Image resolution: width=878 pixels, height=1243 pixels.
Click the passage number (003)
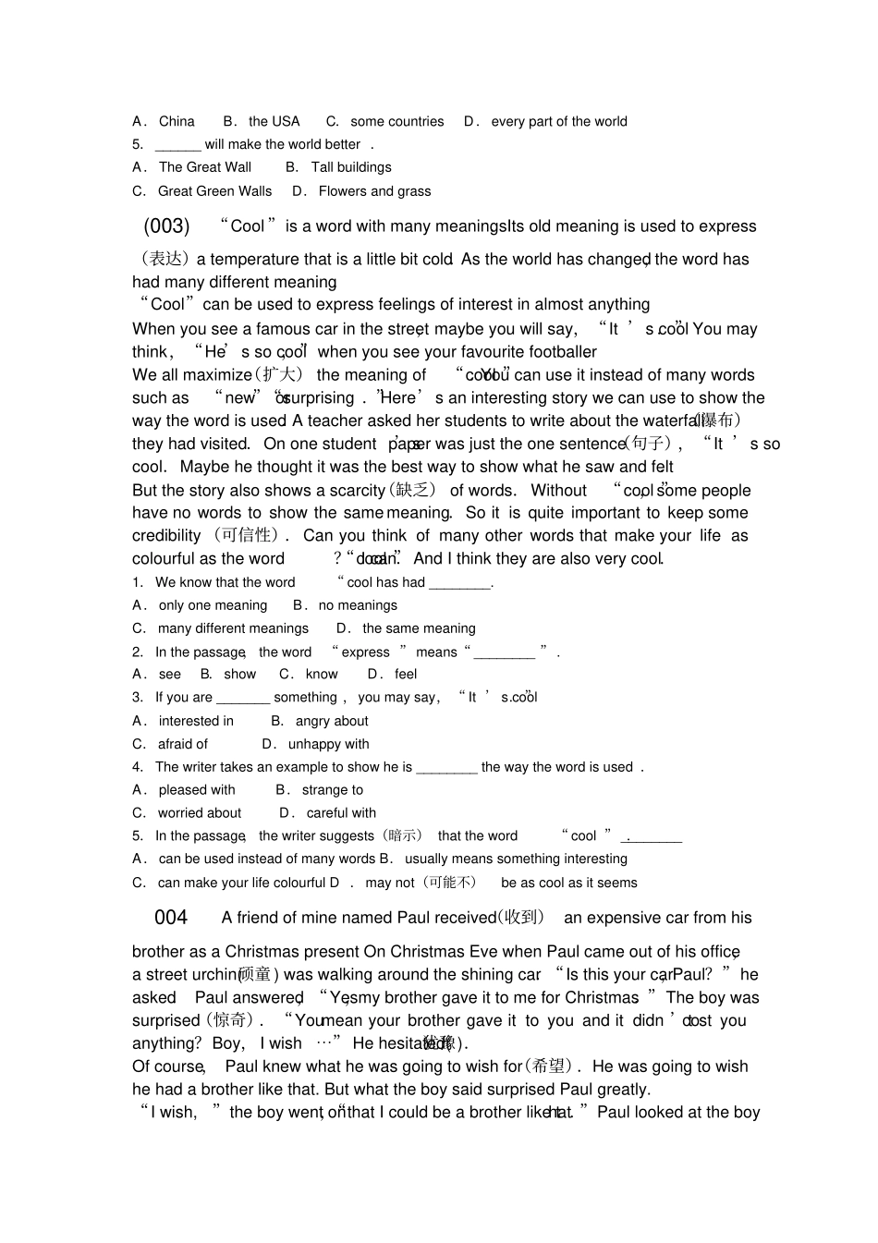[x=166, y=226]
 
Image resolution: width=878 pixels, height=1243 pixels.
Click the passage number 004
[x=171, y=918]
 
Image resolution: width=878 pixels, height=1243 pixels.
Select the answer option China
[x=176, y=121]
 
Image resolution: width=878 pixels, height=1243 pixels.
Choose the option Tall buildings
[x=350, y=167]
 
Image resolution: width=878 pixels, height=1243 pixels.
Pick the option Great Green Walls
[x=214, y=191]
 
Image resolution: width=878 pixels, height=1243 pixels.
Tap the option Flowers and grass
[x=374, y=191]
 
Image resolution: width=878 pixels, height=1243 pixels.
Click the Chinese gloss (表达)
[x=162, y=259]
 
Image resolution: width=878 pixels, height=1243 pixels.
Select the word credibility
[x=166, y=536]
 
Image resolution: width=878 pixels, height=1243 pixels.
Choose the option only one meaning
[x=213, y=605]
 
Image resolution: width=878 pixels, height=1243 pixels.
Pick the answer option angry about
[x=331, y=721]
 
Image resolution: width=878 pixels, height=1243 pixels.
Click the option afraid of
[x=183, y=744]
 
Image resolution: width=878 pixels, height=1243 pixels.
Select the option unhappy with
[x=328, y=744]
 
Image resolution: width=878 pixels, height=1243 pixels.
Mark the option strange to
[x=332, y=790]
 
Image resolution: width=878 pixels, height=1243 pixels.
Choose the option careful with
[x=341, y=813]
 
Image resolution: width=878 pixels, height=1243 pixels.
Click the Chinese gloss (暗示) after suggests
[x=402, y=836]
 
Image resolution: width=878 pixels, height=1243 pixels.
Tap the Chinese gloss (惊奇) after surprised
[x=231, y=1021]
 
